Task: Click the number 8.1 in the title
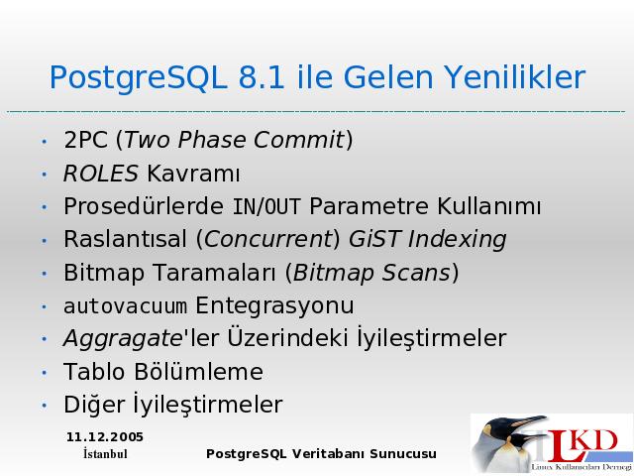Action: (x=262, y=77)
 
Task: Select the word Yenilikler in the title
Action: (x=515, y=77)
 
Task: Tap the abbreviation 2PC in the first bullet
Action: (x=86, y=140)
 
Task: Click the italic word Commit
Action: (x=298, y=140)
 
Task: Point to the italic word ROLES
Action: (x=101, y=174)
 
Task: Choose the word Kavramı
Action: (x=193, y=174)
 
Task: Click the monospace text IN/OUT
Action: (x=266, y=206)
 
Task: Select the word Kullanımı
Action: (x=488, y=206)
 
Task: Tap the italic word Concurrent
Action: (x=268, y=239)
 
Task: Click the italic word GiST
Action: (x=374, y=239)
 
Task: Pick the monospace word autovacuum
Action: (x=126, y=306)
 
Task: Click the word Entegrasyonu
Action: (x=275, y=306)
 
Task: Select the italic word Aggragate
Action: (x=123, y=338)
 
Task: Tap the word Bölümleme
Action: (x=198, y=372)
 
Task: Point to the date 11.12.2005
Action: (x=105, y=437)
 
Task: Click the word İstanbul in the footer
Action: (x=105, y=454)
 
